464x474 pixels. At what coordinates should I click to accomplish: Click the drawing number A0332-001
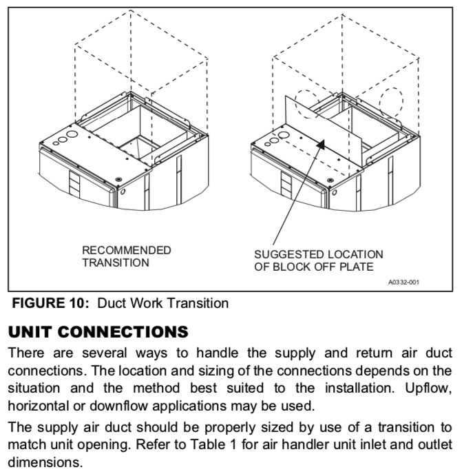(x=403, y=282)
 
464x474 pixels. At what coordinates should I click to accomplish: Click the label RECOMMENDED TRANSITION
(x=127, y=256)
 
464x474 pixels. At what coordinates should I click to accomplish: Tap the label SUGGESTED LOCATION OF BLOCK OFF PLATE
(x=319, y=260)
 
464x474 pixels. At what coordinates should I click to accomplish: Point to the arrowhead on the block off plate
(x=321, y=145)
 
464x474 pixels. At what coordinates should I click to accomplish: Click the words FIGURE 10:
(x=50, y=303)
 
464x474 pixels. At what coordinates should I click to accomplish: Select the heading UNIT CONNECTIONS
(x=98, y=332)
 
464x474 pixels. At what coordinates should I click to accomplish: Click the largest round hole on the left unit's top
(x=72, y=134)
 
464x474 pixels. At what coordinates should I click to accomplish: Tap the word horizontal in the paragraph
(x=39, y=406)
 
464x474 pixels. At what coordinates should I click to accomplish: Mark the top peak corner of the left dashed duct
(x=131, y=10)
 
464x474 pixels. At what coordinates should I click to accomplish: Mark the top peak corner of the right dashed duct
(x=342, y=14)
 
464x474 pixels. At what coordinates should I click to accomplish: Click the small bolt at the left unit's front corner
(x=118, y=179)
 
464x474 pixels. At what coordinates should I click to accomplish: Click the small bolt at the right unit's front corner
(x=330, y=181)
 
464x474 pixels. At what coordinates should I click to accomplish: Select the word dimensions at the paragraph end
(x=45, y=462)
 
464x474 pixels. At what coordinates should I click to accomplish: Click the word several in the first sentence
(x=104, y=353)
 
